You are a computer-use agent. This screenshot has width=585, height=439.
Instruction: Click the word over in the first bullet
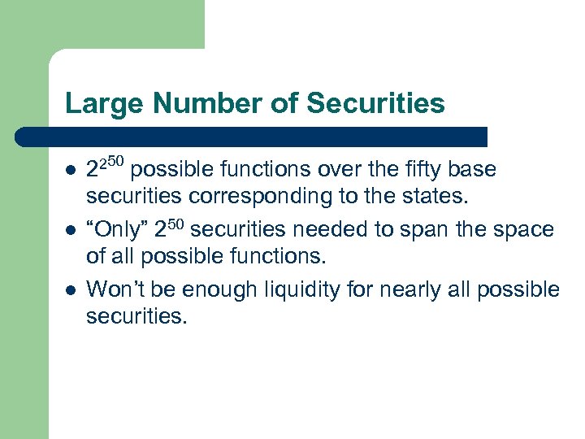pos(333,169)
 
